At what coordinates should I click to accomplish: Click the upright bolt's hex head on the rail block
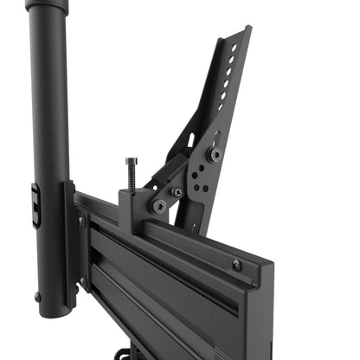pos(131,161)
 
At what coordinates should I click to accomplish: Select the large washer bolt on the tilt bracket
pos(215,154)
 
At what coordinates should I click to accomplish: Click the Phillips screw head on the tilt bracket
pos(177,192)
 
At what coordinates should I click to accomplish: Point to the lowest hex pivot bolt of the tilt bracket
pos(159,206)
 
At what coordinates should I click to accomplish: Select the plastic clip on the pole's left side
pos(35,205)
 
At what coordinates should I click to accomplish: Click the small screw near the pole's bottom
pos(37,297)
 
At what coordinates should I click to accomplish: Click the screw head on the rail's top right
pos(237,265)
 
